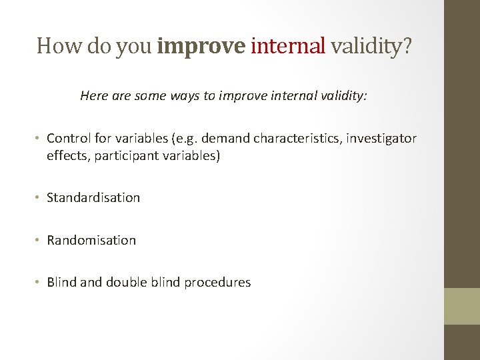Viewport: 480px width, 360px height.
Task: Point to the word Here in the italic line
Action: pos(94,95)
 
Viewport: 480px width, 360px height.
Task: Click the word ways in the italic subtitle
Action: pos(183,95)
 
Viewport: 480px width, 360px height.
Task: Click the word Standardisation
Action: pos(93,198)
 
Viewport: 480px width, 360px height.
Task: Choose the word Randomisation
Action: pos(91,241)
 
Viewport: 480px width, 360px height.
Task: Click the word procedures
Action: pos(217,283)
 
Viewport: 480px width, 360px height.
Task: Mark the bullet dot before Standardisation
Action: pos(39,198)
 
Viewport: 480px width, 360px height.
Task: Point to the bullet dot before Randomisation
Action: pos(39,241)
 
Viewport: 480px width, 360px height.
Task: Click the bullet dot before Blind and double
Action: pos(39,283)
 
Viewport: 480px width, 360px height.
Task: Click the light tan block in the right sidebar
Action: pos(462,306)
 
